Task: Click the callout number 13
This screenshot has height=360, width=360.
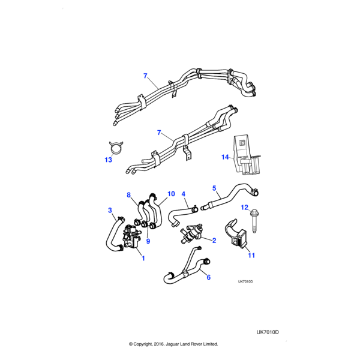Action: pos(108,160)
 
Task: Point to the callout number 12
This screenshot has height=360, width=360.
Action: pos(244,207)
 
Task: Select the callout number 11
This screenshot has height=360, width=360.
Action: pos(252,256)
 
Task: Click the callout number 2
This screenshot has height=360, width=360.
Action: pos(214,241)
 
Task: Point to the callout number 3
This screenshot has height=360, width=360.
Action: pos(110,210)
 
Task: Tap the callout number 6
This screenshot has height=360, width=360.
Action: pos(208,277)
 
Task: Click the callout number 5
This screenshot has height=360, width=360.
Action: pos(214,188)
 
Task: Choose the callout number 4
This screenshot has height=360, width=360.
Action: pos(184,194)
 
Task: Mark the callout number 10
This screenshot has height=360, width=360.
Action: pos(171,194)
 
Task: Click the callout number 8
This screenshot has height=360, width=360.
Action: pos(128,194)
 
